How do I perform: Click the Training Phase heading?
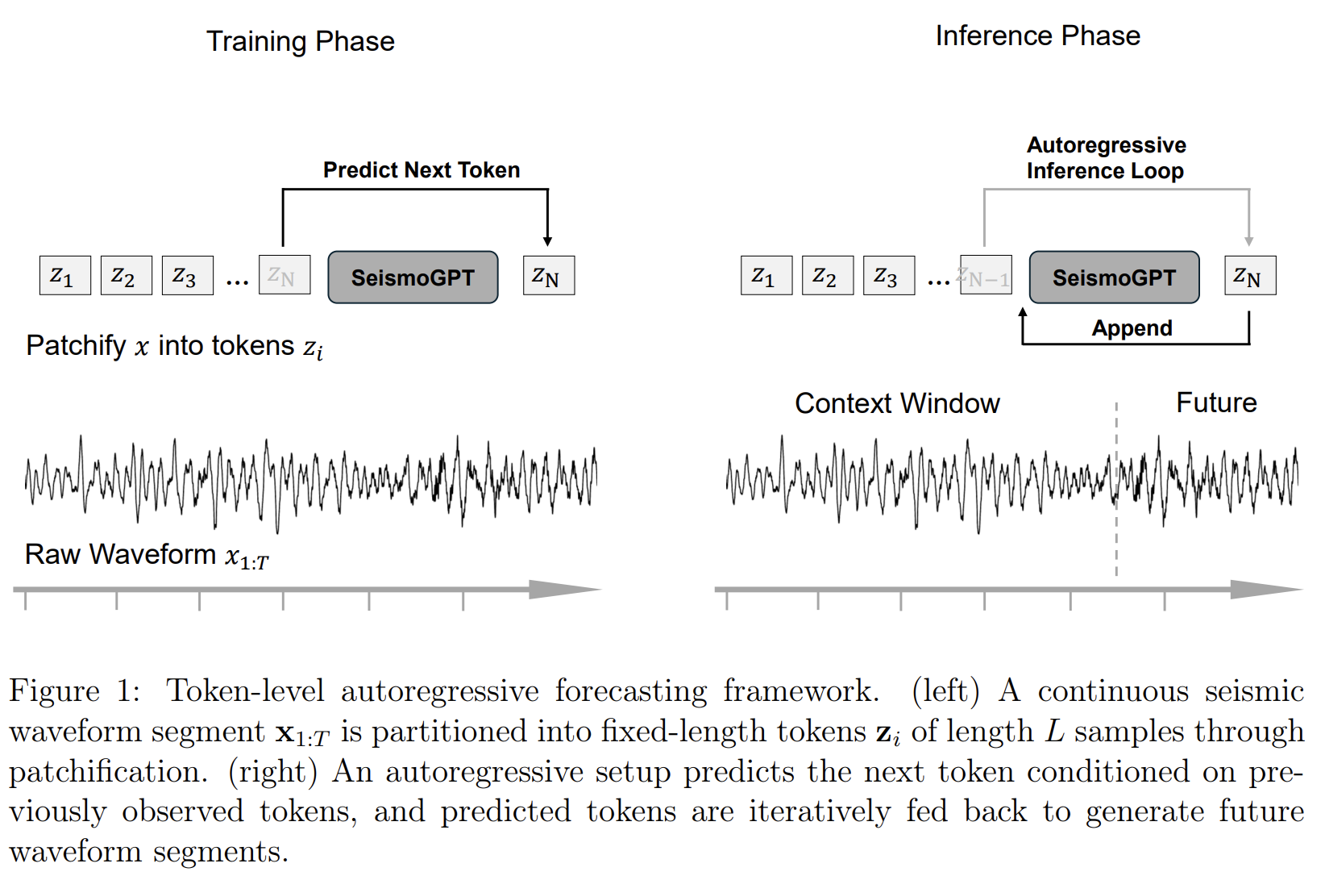coord(301,41)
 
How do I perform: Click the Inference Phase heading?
coord(1037,36)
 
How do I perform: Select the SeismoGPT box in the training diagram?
coord(413,277)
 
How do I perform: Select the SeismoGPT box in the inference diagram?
coord(1115,277)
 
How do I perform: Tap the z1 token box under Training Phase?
coord(65,275)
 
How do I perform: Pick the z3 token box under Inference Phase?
coord(889,275)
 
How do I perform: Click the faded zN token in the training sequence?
coord(285,275)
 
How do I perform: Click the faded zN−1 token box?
coord(986,275)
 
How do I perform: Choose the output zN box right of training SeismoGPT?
coord(549,275)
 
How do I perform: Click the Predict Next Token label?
coord(422,170)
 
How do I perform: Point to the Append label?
coord(1132,328)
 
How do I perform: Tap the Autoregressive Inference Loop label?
coord(1106,157)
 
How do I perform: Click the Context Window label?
coord(897,403)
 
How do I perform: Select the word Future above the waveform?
coord(1216,403)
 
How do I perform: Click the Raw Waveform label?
coord(147,555)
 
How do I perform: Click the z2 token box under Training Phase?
coord(127,275)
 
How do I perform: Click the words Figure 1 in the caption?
coord(74,690)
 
